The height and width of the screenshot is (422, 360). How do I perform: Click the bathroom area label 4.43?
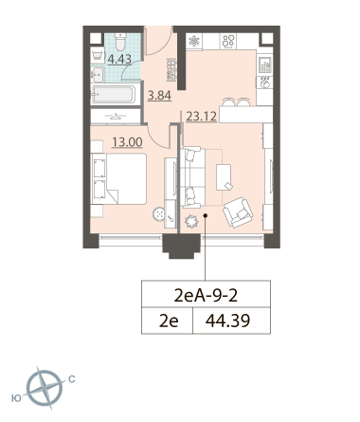tap(119, 59)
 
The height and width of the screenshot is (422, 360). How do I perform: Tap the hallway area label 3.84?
tap(159, 95)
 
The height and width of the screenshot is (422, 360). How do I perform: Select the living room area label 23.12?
tap(201, 117)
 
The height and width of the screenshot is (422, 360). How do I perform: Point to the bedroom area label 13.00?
tap(127, 142)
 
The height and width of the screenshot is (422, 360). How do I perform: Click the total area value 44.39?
tap(227, 321)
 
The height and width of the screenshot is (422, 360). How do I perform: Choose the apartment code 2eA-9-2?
tap(206, 296)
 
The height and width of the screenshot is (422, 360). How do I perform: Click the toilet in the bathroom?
tap(119, 42)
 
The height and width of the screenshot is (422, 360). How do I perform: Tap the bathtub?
tap(114, 94)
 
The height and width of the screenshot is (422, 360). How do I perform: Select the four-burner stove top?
tap(228, 41)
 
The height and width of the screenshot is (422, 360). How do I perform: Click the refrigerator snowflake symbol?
tap(193, 41)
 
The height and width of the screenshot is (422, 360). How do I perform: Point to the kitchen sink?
tap(264, 65)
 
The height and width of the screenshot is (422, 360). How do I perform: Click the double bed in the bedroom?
tap(118, 178)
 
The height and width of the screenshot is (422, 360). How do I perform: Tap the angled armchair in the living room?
tap(238, 212)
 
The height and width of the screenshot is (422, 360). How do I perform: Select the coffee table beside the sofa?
tap(224, 177)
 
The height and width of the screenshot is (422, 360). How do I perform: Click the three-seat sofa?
tap(192, 177)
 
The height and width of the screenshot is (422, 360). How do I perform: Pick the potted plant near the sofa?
tap(191, 221)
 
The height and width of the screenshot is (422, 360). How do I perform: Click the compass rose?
tap(45, 389)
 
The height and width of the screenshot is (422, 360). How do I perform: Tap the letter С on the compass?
tap(72, 379)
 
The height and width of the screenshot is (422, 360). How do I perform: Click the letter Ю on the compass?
tap(16, 398)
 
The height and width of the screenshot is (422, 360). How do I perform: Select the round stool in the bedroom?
tap(158, 214)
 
